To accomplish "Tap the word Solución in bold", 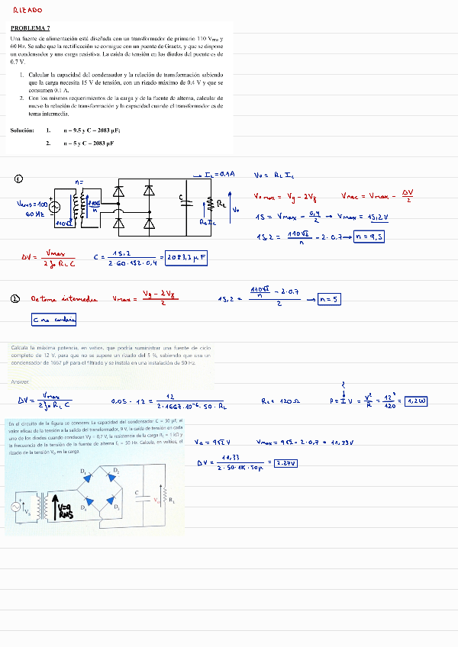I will pos(22,130).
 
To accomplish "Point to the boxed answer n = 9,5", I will pos(369,237).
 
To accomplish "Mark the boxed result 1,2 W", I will pos(417,401).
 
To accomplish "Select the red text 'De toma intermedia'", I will pos(64,300).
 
